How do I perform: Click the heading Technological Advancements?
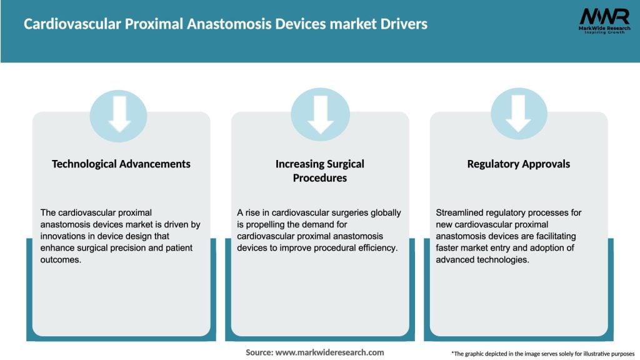pos(121,164)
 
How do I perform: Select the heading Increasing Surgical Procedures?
pos(320,171)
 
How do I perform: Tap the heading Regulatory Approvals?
pos(519,164)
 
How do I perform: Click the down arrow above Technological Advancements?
pos(119,114)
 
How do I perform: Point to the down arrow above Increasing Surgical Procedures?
pos(320,114)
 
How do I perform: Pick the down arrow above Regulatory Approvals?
pos(519,114)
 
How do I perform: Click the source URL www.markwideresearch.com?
pos(329,352)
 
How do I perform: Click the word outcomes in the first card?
pos(61,260)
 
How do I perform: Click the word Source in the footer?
pos(259,352)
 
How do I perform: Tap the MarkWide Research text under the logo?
pos(604,29)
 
